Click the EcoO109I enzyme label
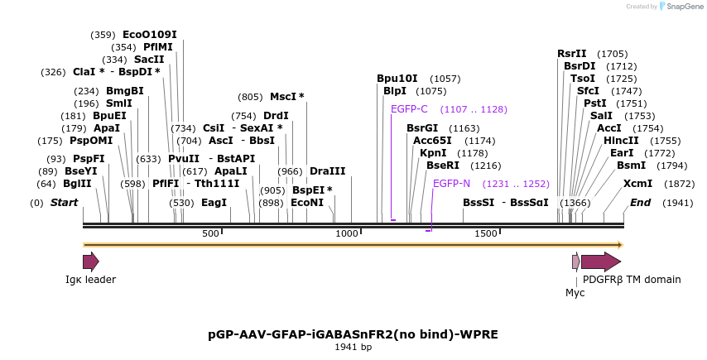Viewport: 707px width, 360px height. (149, 35)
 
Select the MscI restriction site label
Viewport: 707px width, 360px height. (286, 97)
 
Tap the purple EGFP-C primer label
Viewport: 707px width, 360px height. (409, 109)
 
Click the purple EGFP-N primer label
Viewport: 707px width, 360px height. (451, 184)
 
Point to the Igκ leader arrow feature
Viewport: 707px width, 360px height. (90, 262)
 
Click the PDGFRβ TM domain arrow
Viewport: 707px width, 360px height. (600, 262)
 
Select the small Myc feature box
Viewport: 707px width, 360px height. (576, 262)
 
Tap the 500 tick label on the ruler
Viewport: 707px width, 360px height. (210, 234)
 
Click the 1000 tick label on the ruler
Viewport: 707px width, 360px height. (346, 234)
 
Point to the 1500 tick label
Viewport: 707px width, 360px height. (485, 234)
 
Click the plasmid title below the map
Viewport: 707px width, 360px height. (353, 334)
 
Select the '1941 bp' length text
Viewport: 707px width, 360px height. (353, 347)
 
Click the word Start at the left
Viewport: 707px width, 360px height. (64, 203)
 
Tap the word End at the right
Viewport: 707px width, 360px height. (641, 203)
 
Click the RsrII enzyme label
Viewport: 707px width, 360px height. (571, 54)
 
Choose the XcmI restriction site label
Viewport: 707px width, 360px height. (637, 184)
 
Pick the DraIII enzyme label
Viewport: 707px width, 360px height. (328, 171)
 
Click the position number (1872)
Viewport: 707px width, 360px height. (680, 184)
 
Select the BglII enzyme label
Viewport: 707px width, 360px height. (77, 184)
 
